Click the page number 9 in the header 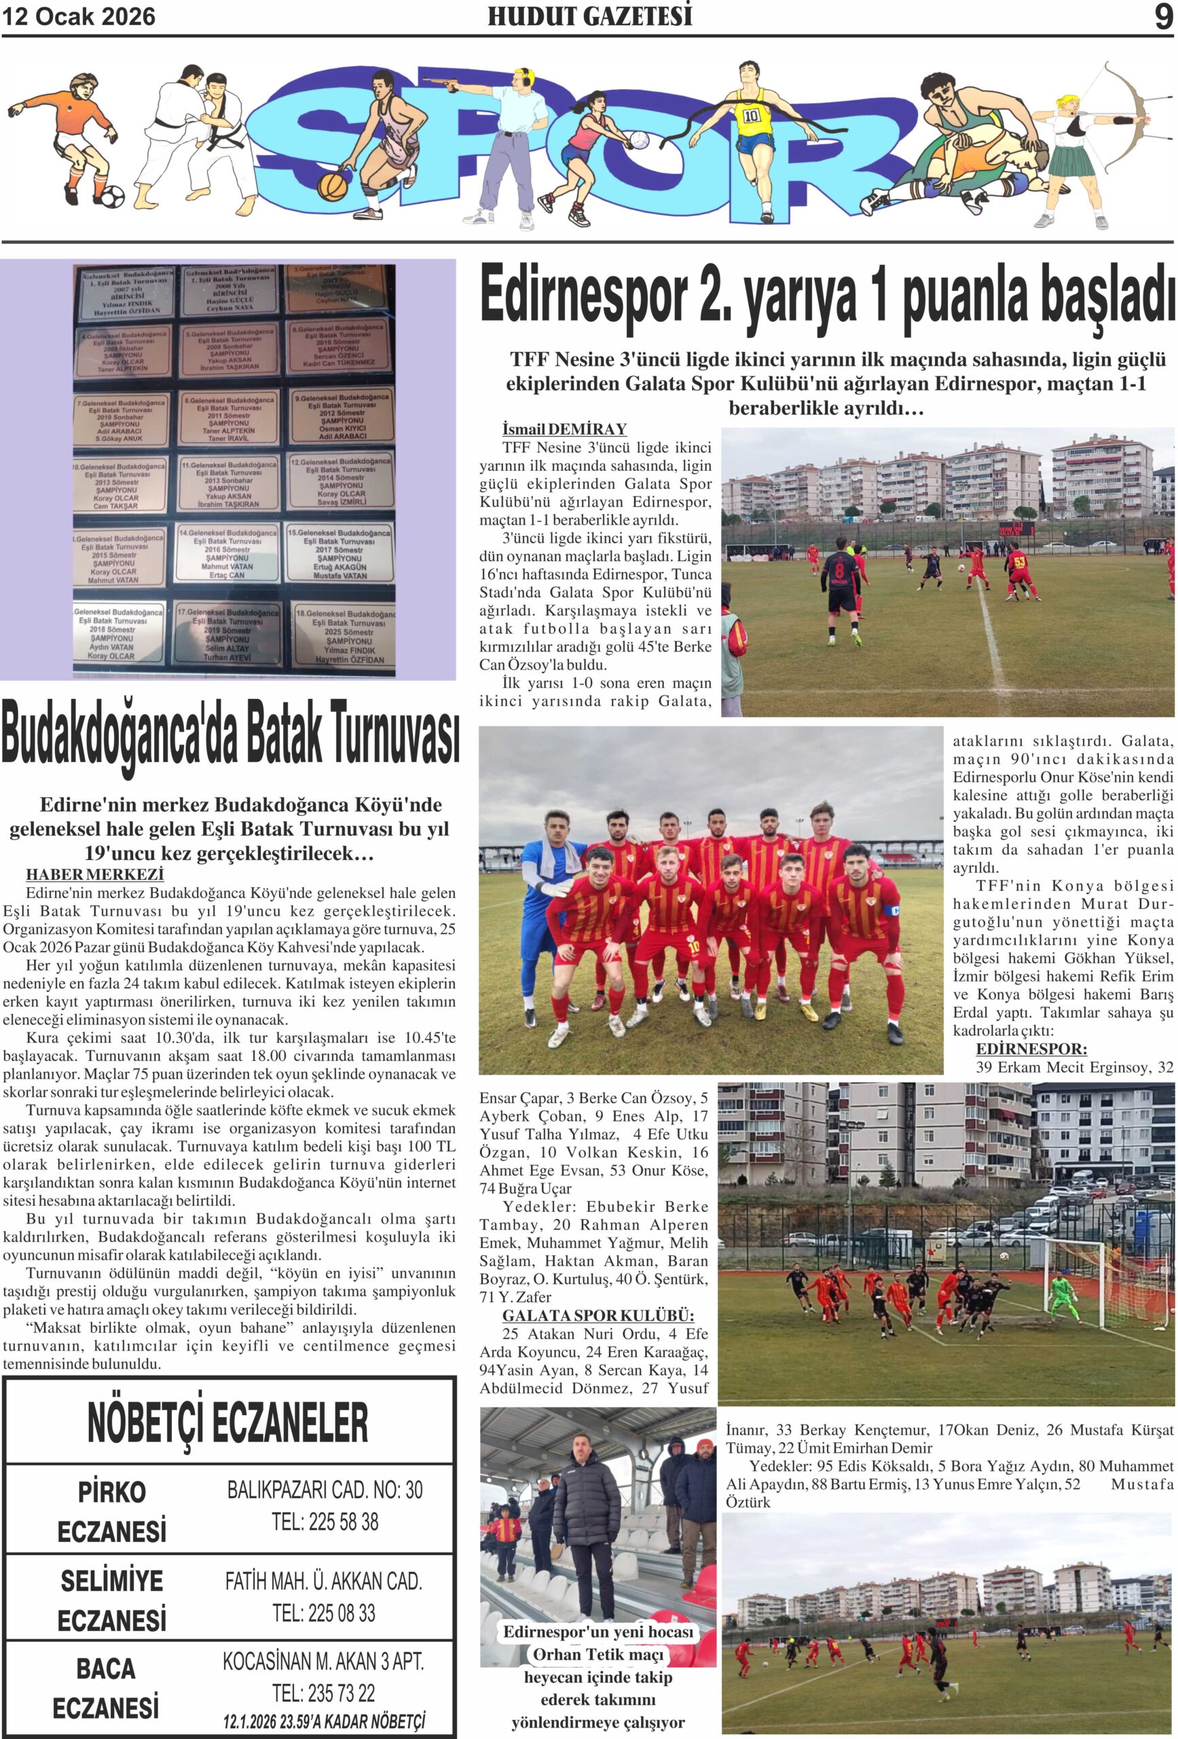pyautogui.click(x=1163, y=16)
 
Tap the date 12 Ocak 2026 pyautogui.click(x=79, y=16)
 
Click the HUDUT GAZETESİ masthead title pyautogui.click(x=589, y=16)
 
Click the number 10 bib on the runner pyautogui.click(x=751, y=116)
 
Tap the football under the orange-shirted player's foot pyautogui.click(x=113, y=196)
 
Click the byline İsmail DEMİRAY pyautogui.click(x=564, y=429)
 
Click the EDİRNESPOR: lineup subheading pyautogui.click(x=1031, y=1049)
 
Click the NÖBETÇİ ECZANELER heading pyautogui.click(x=227, y=1422)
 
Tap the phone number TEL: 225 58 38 pyautogui.click(x=325, y=1521)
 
